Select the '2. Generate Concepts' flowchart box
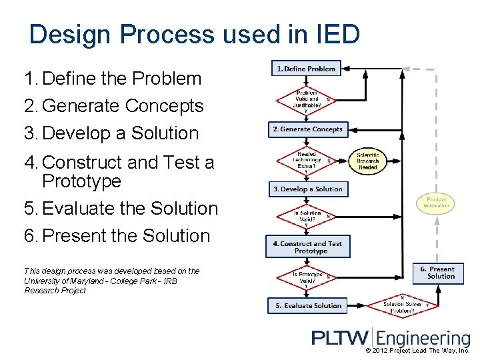[x=307, y=129]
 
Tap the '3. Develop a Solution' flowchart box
[x=307, y=189]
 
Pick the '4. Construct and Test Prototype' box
[x=307, y=247]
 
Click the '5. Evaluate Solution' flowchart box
[x=308, y=306]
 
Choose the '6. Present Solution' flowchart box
[x=437, y=273]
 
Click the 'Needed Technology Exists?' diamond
[x=307, y=160]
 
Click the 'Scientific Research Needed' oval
[x=367, y=161]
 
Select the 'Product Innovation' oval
[x=436, y=203]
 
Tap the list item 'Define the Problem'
[x=121, y=79]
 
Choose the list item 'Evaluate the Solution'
[x=130, y=209]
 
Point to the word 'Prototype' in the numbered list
[x=81, y=181]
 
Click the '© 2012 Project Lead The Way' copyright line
[x=417, y=351]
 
